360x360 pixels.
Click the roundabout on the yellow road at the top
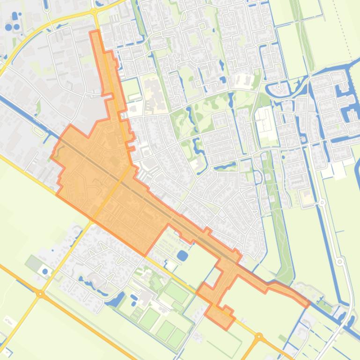click(x=94, y=11)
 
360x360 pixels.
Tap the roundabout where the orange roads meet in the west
click(x=41, y=294)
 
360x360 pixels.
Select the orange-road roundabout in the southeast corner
click(x=259, y=337)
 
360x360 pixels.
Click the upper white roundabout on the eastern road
click(x=323, y=202)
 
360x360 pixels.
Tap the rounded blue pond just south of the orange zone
click(x=183, y=255)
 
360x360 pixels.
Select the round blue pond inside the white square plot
click(x=45, y=271)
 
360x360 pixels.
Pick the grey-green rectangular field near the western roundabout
click(x=34, y=263)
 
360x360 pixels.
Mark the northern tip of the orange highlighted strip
click(x=94, y=33)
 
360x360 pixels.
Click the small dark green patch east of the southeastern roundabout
click(x=282, y=338)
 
